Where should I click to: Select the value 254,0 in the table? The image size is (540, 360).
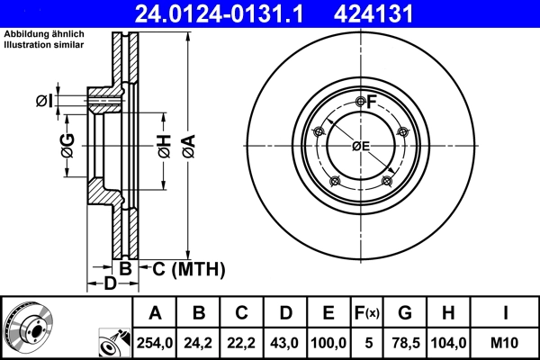pos(155,343)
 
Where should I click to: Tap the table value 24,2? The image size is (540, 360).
pos(199,343)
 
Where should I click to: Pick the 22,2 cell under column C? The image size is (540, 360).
pos(242,343)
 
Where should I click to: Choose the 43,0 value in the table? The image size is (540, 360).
pos(285,343)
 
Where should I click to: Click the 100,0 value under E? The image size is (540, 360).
pos(329,343)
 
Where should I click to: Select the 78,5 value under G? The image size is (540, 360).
pos(404,343)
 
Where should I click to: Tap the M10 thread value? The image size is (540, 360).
pos(504,343)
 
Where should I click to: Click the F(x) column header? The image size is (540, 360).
pos(366,314)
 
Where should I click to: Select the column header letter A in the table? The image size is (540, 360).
pos(155,314)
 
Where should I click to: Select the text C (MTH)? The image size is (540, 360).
pos(187,268)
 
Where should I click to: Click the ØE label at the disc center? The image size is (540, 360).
pos(360,146)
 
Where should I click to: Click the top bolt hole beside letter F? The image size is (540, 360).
pos(361,101)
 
